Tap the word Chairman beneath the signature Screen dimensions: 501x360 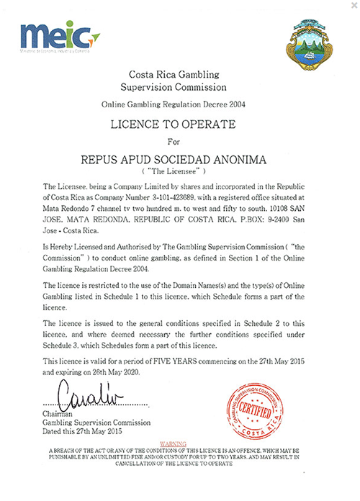point(60,414)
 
